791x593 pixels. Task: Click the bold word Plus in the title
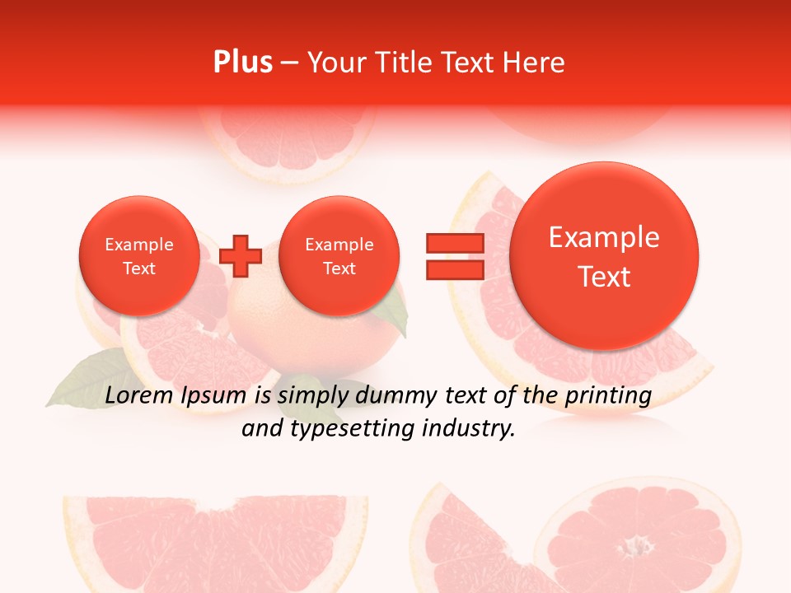243,63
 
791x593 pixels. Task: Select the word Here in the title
535,63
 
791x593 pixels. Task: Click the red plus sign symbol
241,255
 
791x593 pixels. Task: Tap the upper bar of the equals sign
454,243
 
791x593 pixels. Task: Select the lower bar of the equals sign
454,269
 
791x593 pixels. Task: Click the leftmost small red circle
138,256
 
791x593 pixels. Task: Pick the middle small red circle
339,256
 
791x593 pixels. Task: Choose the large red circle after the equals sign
604,256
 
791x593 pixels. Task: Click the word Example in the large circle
604,237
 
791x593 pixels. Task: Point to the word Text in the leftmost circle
138,268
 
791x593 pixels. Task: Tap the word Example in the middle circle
339,245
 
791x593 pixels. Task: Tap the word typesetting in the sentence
356,428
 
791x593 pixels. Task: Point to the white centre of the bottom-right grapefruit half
634,546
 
